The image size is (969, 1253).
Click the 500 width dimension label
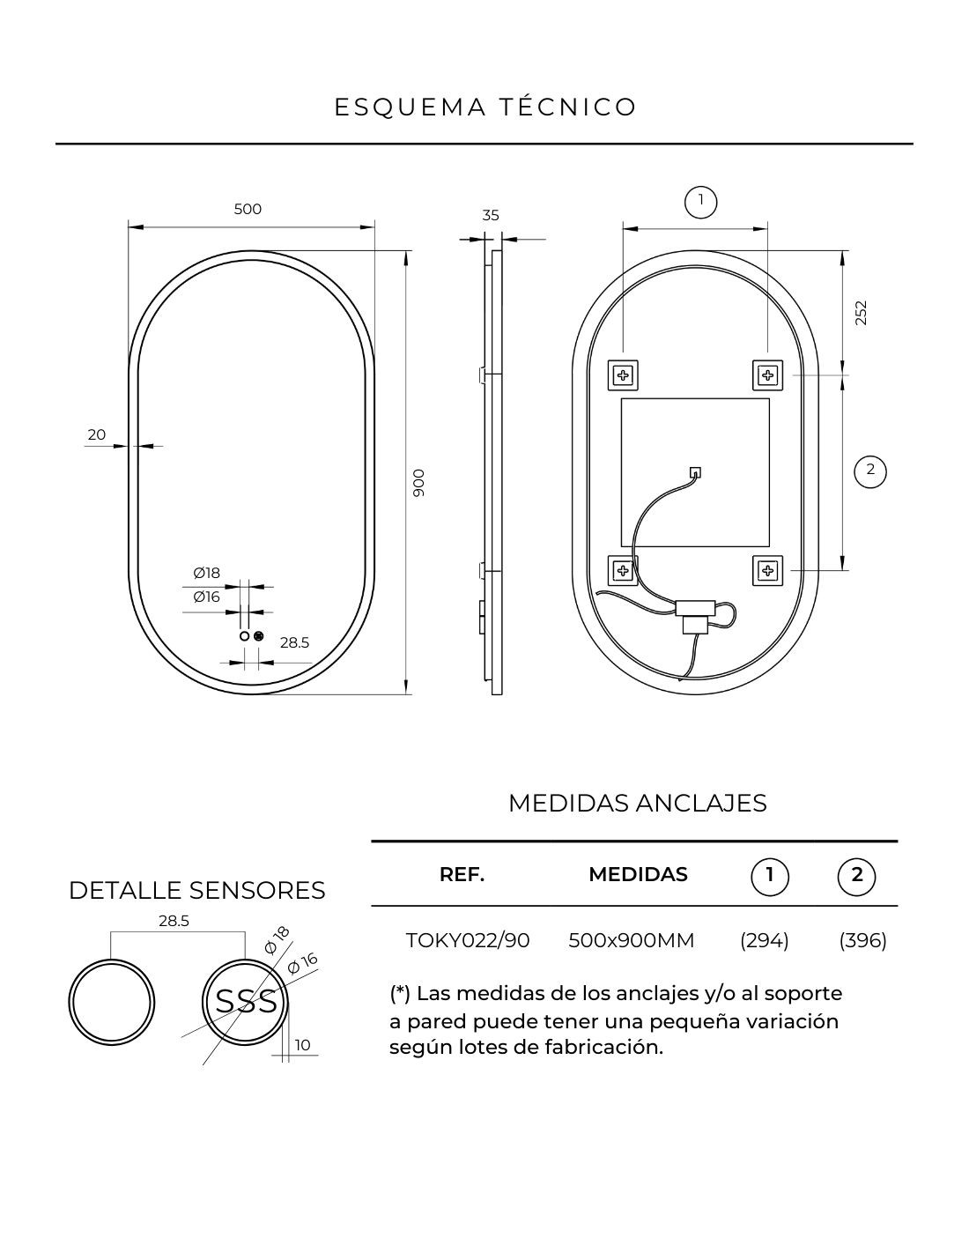click(x=248, y=209)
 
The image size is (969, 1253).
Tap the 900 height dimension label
click(x=419, y=483)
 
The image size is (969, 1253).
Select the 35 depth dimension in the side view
click(x=490, y=215)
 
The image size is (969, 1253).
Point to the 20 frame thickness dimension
click(x=96, y=434)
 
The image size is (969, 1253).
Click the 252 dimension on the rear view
click(x=860, y=313)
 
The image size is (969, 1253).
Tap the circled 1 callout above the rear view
click(x=700, y=202)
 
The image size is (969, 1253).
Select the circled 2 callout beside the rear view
click(x=869, y=471)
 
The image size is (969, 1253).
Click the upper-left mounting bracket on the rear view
click(x=623, y=375)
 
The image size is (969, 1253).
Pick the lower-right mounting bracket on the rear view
click(x=767, y=570)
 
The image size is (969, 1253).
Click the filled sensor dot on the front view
click(x=259, y=636)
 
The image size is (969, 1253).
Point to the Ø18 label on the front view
click(x=206, y=573)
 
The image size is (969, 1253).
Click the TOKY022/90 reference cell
click(x=468, y=940)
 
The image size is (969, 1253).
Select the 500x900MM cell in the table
click(x=632, y=940)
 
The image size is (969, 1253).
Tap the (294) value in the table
click(x=764, y=940)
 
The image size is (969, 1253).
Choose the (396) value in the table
click(x=862, y=940)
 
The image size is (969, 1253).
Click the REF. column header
click(x=462, y=874)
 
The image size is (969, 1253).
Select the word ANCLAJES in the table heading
click(x=701, y=803)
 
